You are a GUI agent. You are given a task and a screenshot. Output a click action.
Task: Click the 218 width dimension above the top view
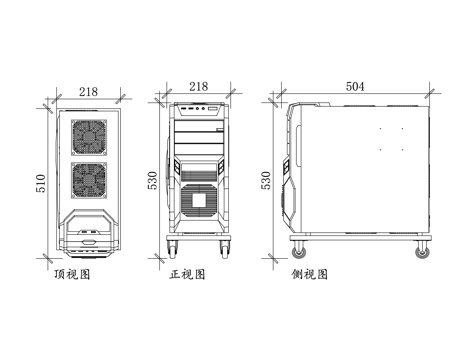point(87,92)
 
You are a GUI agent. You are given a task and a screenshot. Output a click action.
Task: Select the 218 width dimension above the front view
point(198,88)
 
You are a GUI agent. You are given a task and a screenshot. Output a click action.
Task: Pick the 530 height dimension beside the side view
point(266,180)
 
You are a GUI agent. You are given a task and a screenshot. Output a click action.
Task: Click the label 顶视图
point(72,273)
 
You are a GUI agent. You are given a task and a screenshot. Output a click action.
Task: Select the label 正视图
point(187,273)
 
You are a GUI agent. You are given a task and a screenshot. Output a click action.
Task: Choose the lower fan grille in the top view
point(88,179)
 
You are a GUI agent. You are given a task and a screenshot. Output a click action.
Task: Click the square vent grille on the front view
point(198,198)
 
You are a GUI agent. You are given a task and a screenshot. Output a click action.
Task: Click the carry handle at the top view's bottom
point(88,238)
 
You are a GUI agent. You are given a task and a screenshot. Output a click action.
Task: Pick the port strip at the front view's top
point(197,106)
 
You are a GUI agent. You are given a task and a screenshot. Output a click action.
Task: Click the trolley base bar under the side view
point(360,240)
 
